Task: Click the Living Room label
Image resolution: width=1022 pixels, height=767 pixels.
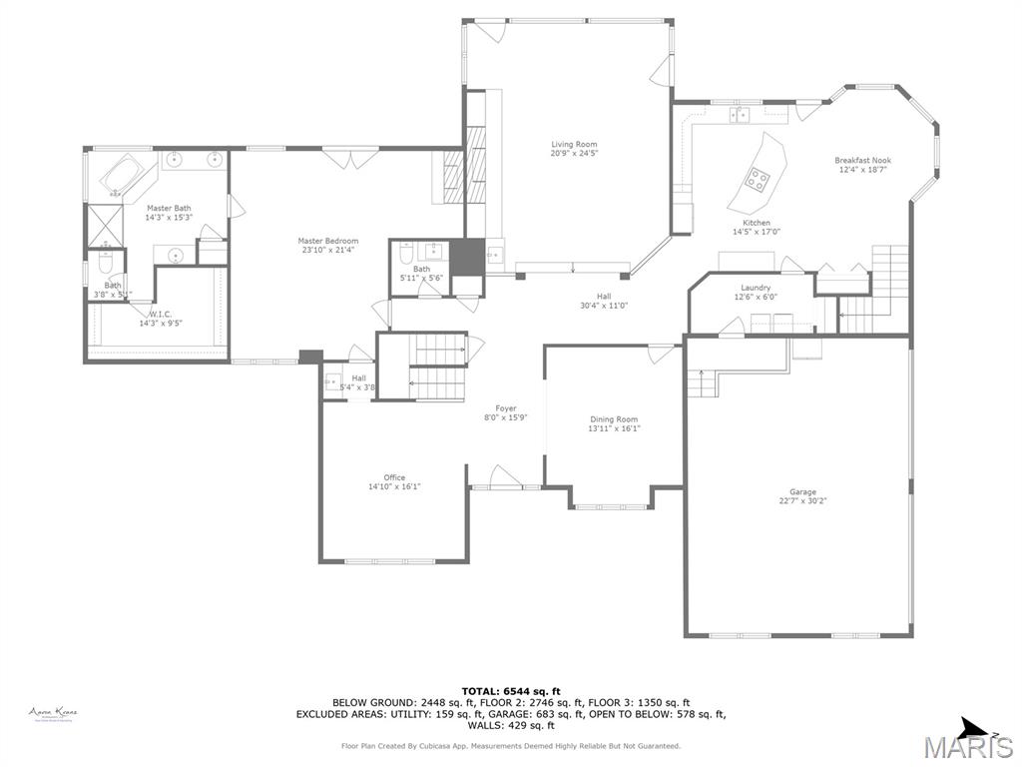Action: point(574,149)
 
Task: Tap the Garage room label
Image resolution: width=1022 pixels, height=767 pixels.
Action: point(802,496)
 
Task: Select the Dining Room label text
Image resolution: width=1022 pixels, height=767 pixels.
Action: point(613,424)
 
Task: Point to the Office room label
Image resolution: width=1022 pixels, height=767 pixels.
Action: point(394,482)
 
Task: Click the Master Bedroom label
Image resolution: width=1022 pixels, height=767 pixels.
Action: point(327,245)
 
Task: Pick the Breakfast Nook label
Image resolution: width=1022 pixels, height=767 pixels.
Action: point(862,165)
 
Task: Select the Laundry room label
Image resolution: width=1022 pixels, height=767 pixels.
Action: point(755,292)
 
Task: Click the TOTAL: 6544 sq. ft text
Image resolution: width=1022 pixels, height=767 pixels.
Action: point(511,691)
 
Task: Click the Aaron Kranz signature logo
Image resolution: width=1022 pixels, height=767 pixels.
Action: point(53,713)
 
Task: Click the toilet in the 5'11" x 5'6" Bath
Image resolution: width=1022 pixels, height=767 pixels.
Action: point(406,253)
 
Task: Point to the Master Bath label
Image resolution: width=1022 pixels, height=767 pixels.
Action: point(168,213)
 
